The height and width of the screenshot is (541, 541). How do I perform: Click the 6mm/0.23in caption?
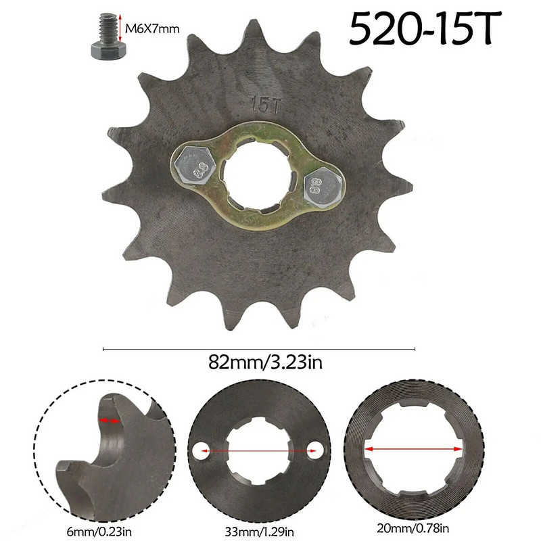tap(99, 524)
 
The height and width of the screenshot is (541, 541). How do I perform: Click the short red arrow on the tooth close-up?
tap(110, 421)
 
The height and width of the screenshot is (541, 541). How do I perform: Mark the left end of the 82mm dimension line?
tap(103, 349)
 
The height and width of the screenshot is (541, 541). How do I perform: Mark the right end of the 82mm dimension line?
tap(415, 349)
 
